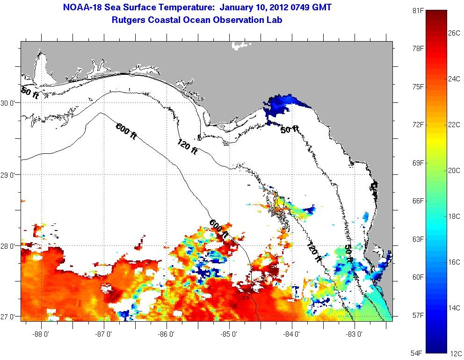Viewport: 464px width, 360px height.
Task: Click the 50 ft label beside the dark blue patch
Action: click(290, 130)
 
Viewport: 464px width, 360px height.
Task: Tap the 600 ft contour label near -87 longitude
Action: click(126, 130)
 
